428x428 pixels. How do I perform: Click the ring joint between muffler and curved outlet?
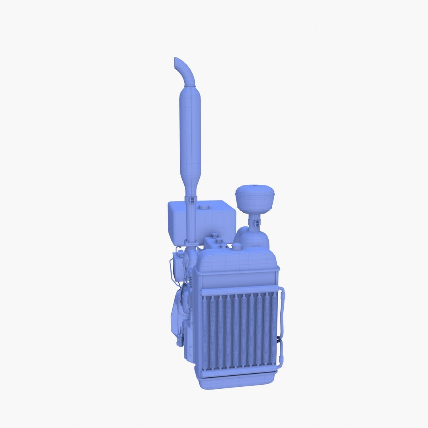(x=190, y=85)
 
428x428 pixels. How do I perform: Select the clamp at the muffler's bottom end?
(x=190, y=201)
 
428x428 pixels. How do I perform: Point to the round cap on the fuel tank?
(x=205, y=206)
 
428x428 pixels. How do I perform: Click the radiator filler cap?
(x=237, y=247)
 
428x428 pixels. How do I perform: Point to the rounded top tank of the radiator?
(x=237, y=260)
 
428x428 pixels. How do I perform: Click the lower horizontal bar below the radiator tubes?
(x=239, y=372)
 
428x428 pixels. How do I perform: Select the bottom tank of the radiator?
(x=237, y=382)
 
